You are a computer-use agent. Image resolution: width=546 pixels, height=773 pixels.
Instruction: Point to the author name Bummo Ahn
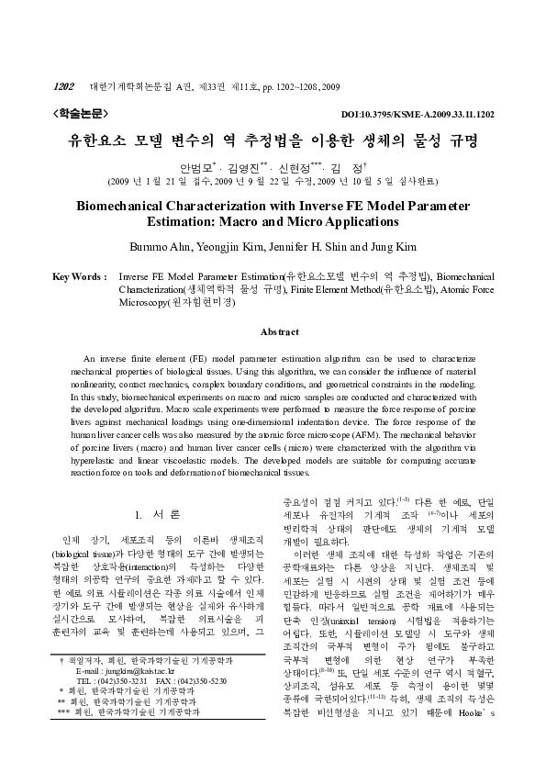[165, 245]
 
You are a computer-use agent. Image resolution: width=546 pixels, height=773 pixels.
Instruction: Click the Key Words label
[75, 276]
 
